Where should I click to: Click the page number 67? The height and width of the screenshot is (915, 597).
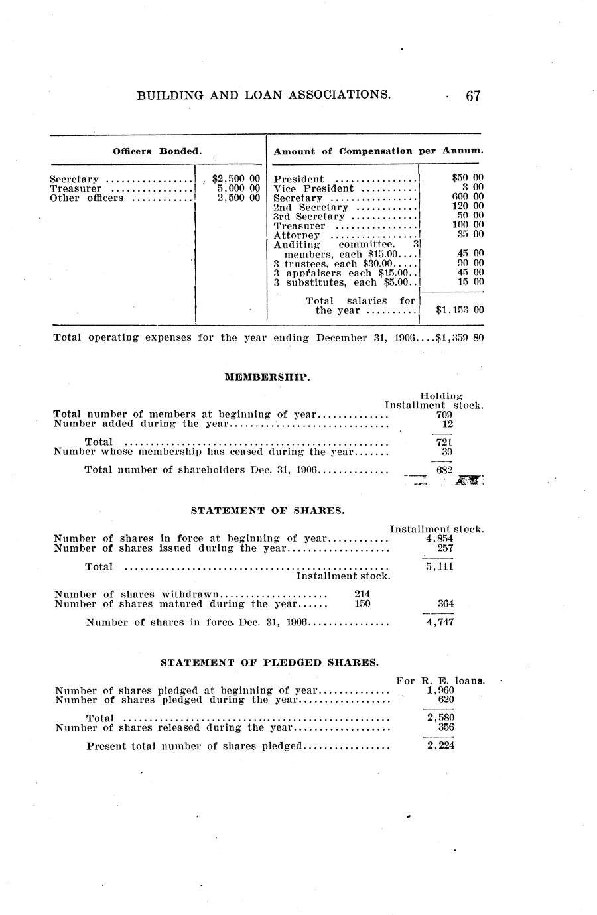click(472, 95)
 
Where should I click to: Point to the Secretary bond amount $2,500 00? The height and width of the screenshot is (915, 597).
click(234, 178)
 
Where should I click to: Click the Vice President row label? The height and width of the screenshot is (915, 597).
click(314, 188)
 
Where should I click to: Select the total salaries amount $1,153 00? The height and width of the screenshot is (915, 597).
click(460, 310)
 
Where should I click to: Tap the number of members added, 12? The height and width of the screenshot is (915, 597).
click(448, 424)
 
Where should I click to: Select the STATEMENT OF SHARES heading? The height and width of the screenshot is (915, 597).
click(267, 511)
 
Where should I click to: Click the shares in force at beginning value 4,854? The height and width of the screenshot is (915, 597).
click(439, 539)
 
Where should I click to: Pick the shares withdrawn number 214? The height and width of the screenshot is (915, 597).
click(362, 594)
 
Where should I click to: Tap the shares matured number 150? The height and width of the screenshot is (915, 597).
click(362, 603)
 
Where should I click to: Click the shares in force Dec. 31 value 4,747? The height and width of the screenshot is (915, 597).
click(440, 623)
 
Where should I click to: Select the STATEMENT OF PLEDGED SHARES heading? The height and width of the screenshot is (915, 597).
click(270, 662)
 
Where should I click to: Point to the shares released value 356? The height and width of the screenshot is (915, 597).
click(446, 727)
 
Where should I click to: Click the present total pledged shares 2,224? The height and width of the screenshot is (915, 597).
click(440, 746)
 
